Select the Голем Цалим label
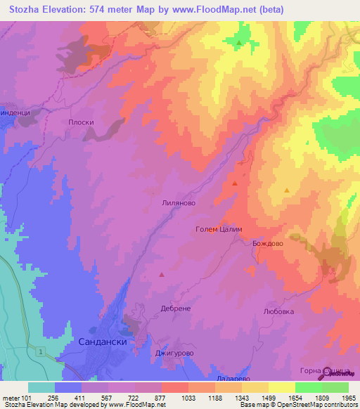click(x=218, y=230)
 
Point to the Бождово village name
click(x=267, y=243)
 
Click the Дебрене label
click(x=175, y=309)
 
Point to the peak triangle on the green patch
click(x=239, y=43)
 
